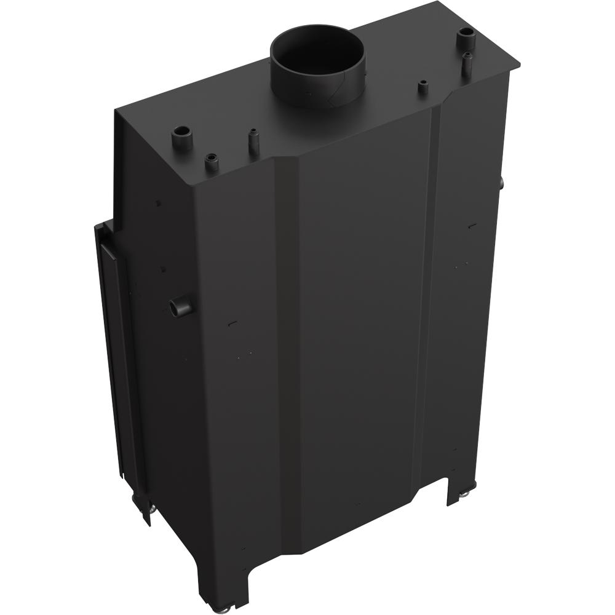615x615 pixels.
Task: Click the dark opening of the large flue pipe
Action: pos(317,52)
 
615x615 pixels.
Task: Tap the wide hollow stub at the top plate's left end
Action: pos(183,134)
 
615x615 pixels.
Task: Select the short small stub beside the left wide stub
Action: pos(210,162)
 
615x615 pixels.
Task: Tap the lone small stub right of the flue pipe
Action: pos(423,87)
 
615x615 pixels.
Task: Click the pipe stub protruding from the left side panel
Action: pos(179,306)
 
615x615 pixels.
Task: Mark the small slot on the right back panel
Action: pos(470,225)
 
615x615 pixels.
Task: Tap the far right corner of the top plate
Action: pos(520,63)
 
